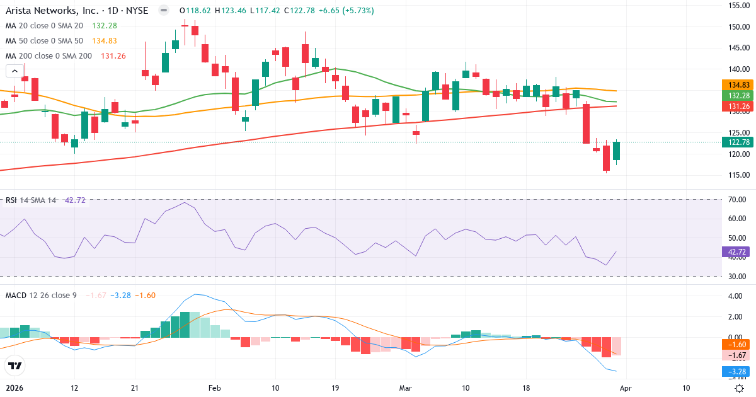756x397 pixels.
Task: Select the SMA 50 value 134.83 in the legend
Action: [x=104, y=40]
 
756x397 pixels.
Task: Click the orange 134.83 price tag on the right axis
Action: [x=736, y=84]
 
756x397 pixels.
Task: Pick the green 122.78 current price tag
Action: [x=736, y=142]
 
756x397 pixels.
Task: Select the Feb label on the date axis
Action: [x=215, y=388]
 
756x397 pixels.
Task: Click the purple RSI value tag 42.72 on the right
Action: [x=736, y=251]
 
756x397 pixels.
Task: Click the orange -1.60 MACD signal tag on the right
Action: [x=736, y=345]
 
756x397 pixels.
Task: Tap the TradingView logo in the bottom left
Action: [x=15, y=365]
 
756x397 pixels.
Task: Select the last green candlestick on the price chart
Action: [x=616, y=151]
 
